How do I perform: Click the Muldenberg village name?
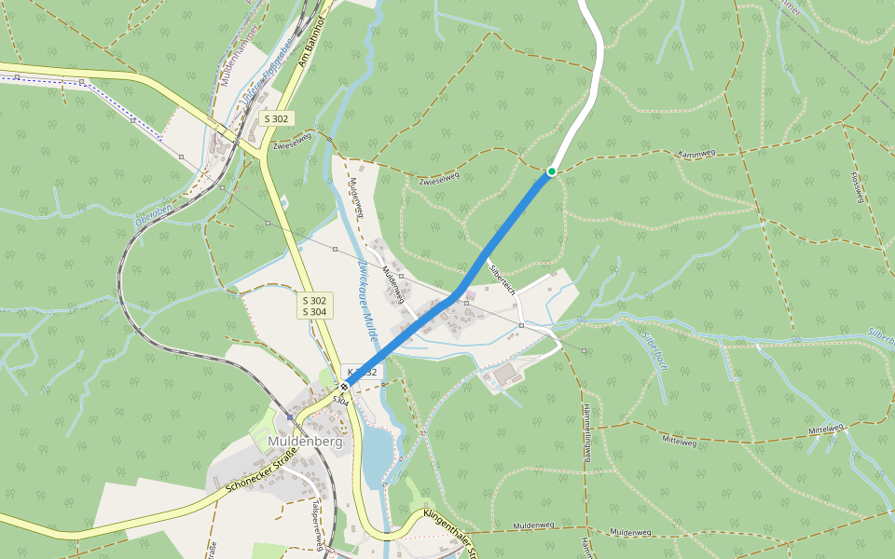(305, 442)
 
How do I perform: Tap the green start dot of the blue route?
(552, 171)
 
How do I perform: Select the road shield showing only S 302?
(277, 118)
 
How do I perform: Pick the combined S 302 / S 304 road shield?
(316, 307)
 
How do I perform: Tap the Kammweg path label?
(696, 154)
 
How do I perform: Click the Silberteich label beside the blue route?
(503, 279)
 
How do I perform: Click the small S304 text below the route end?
(341, 401)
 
